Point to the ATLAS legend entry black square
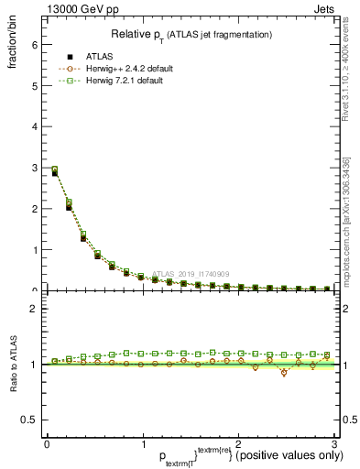70,57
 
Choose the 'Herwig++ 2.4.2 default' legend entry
127,69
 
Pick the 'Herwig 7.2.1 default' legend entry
125,81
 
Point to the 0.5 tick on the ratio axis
29,420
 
